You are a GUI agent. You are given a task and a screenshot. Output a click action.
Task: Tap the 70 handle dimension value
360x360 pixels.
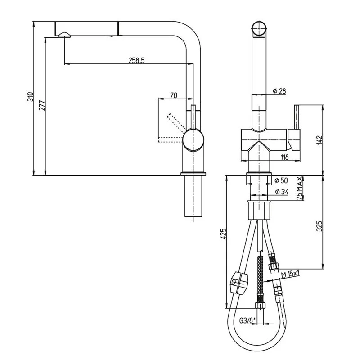(173, 95)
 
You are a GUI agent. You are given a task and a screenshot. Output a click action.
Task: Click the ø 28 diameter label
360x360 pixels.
(279, 91)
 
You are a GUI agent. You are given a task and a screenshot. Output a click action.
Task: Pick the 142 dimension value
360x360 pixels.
(319, 139)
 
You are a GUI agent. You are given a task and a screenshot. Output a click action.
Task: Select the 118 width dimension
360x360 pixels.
(284, 157)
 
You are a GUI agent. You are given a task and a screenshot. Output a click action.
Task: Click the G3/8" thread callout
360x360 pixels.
(247, 320)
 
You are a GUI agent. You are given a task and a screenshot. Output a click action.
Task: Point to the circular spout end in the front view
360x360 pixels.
(260, 28)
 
